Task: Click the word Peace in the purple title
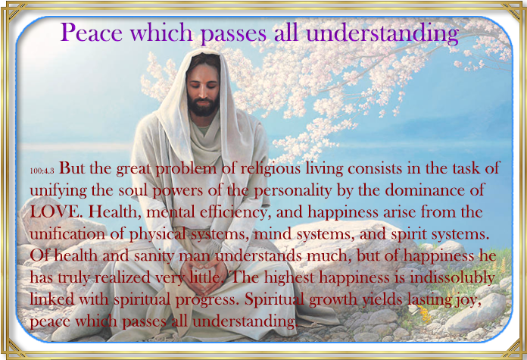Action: pyautogui.click(x=92, y=33)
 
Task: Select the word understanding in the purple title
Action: pyautogui.click(x=382, y=34)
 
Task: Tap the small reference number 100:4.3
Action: pyautogui.click(x=42, y=171)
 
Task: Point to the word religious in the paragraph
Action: pyautogui.click(x=271, y=169)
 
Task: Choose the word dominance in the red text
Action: pyautogui.click(x=424, y=190)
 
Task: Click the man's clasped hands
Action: pyautogui.click(x=203, y=274)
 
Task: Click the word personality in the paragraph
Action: pyautogui.click(x=292, y=191)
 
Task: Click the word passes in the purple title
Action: pyautogui.click(x=233, y=34)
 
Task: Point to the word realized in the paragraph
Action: pyautogui.click(x=123, y=278)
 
